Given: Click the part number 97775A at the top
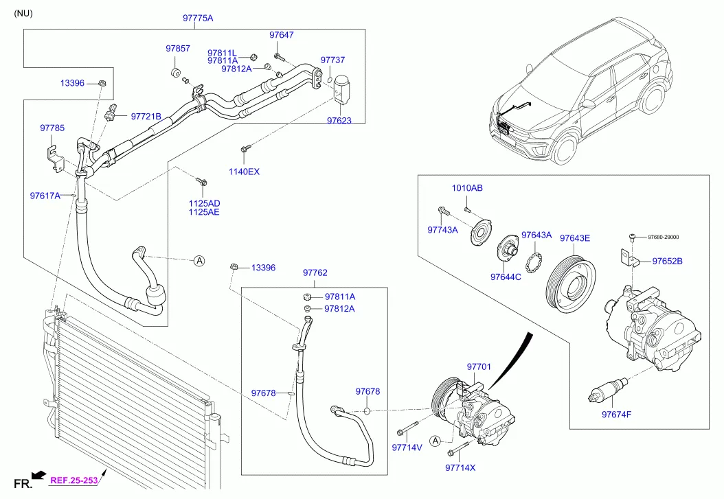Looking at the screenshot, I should pyautogui.click(x=198, y=19).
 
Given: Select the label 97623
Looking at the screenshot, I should pyautogui.click(x=339, y=121).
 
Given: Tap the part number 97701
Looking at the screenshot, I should pyautogui.click(x=479, y=367).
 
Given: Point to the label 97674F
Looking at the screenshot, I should pyautogui.click(x=616, y=415).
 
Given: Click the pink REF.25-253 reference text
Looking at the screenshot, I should pyautogui.click(x=74, y=480).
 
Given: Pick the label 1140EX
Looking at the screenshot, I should pyautogui.click(x=244, y=172).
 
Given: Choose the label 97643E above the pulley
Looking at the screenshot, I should pyautogui.click(x=574, y=238).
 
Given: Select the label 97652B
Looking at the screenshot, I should pyautogui.click(x=667, y=262).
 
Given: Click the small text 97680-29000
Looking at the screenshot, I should pyautogui.click(x=663, y=237).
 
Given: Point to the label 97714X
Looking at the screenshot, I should pyautogui.click(x=460, y=467).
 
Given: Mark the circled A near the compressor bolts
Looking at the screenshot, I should pyautogui.click(x=435, y=441).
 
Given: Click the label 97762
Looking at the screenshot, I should pyautogui.click(x=315, y=272).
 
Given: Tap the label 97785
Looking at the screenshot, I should pyautogui.click(x=52, y=128).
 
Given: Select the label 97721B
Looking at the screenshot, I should pyautogui.click(x=146, y=117).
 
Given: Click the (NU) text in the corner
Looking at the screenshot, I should pyautogui.click(x=23, y=13).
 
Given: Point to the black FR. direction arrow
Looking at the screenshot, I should pyautogui.click(x=39, y=474).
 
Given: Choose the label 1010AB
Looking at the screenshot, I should pyautogui.click(x=467, y=188).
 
